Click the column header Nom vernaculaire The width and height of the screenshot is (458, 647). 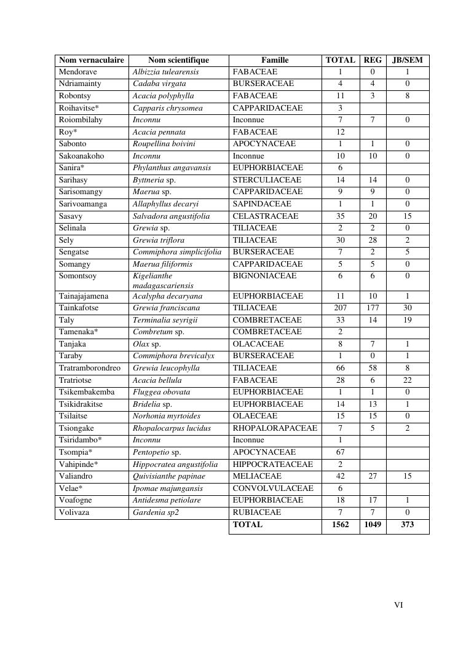click(x=92, y=60)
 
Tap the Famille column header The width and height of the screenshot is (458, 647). click(x=275, y=60)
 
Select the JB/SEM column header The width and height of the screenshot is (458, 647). click(x=408, y=60)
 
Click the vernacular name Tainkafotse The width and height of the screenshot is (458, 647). click(x=79, y=308)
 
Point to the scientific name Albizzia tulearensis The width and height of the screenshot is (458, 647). click(x=166, y=72)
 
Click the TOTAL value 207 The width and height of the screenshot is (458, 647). click(x=341, y=308)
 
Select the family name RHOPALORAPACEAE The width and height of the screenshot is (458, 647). click(x=275, y=428)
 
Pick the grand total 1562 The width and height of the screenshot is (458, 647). click(x=341, y=525)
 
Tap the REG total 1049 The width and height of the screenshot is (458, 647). click(x=373, y=525)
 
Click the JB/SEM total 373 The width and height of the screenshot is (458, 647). click(x=408, y=525)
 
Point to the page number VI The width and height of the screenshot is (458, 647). click(x=398, y=605)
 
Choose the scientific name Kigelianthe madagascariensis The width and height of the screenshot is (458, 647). click(x=163, y=281)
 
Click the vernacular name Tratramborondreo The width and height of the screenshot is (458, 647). click(x=90, y=368)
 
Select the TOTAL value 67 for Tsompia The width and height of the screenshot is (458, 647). click(x=341, y=452)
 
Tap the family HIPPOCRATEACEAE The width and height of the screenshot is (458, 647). click(x=273, y=465)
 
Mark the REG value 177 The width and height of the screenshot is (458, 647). click(x=373, y=308)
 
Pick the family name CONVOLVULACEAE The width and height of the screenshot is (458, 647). click(x=273, y=488)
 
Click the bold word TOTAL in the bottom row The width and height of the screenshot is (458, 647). click(x=248, y=525)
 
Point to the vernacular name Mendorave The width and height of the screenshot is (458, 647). click(x=78, y=72)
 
